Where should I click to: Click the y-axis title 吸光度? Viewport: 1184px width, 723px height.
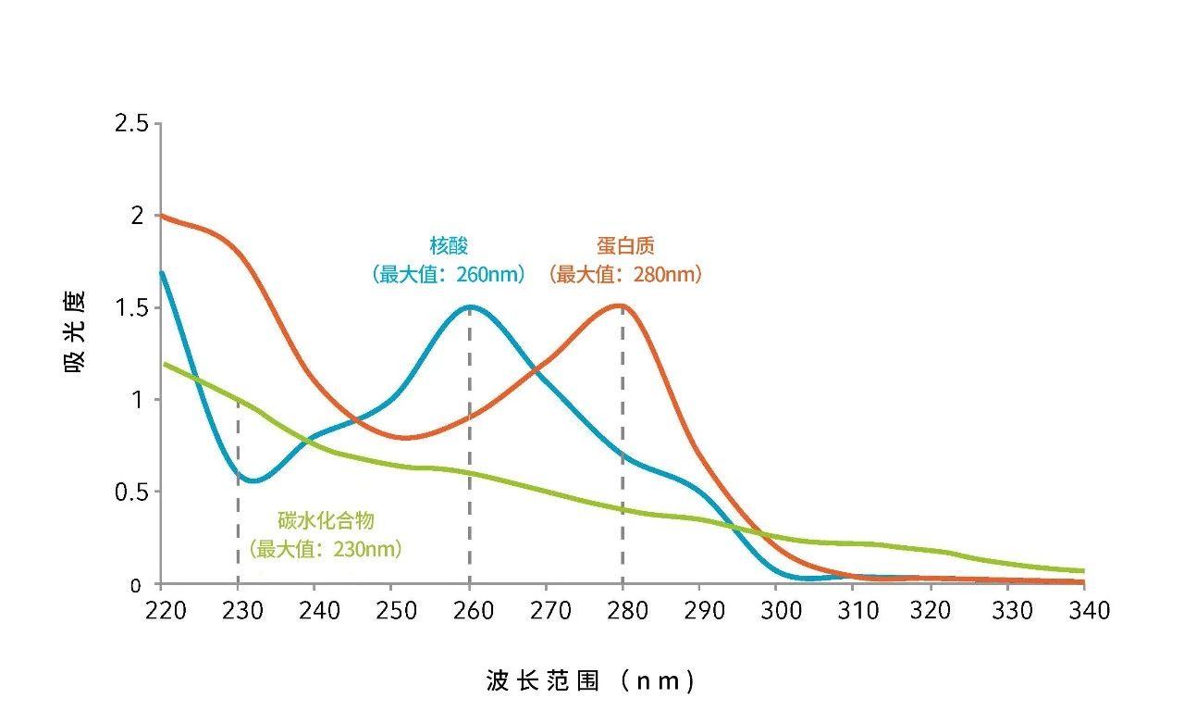75,331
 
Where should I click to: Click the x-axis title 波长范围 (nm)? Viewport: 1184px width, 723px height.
590,681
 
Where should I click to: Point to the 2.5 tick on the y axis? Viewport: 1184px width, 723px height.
130,123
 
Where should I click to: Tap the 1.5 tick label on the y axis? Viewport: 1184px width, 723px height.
130,307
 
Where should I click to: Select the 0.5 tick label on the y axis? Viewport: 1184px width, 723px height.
130,492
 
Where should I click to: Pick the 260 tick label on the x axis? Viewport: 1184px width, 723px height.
469,610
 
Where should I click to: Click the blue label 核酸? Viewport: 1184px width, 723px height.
450,245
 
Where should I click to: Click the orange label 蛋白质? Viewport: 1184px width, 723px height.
625,245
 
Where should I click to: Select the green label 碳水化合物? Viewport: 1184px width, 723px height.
326,520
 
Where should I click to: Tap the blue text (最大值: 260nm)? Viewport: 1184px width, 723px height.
450,274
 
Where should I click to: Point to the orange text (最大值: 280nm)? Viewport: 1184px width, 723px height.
625,274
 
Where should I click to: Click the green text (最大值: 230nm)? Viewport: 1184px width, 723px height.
326,549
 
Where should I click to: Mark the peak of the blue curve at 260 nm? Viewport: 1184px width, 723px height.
469,306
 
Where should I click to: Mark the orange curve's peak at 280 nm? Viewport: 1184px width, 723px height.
622,305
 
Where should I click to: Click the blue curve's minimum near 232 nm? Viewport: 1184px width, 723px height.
254,480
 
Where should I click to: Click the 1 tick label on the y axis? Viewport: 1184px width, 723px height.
137,400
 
